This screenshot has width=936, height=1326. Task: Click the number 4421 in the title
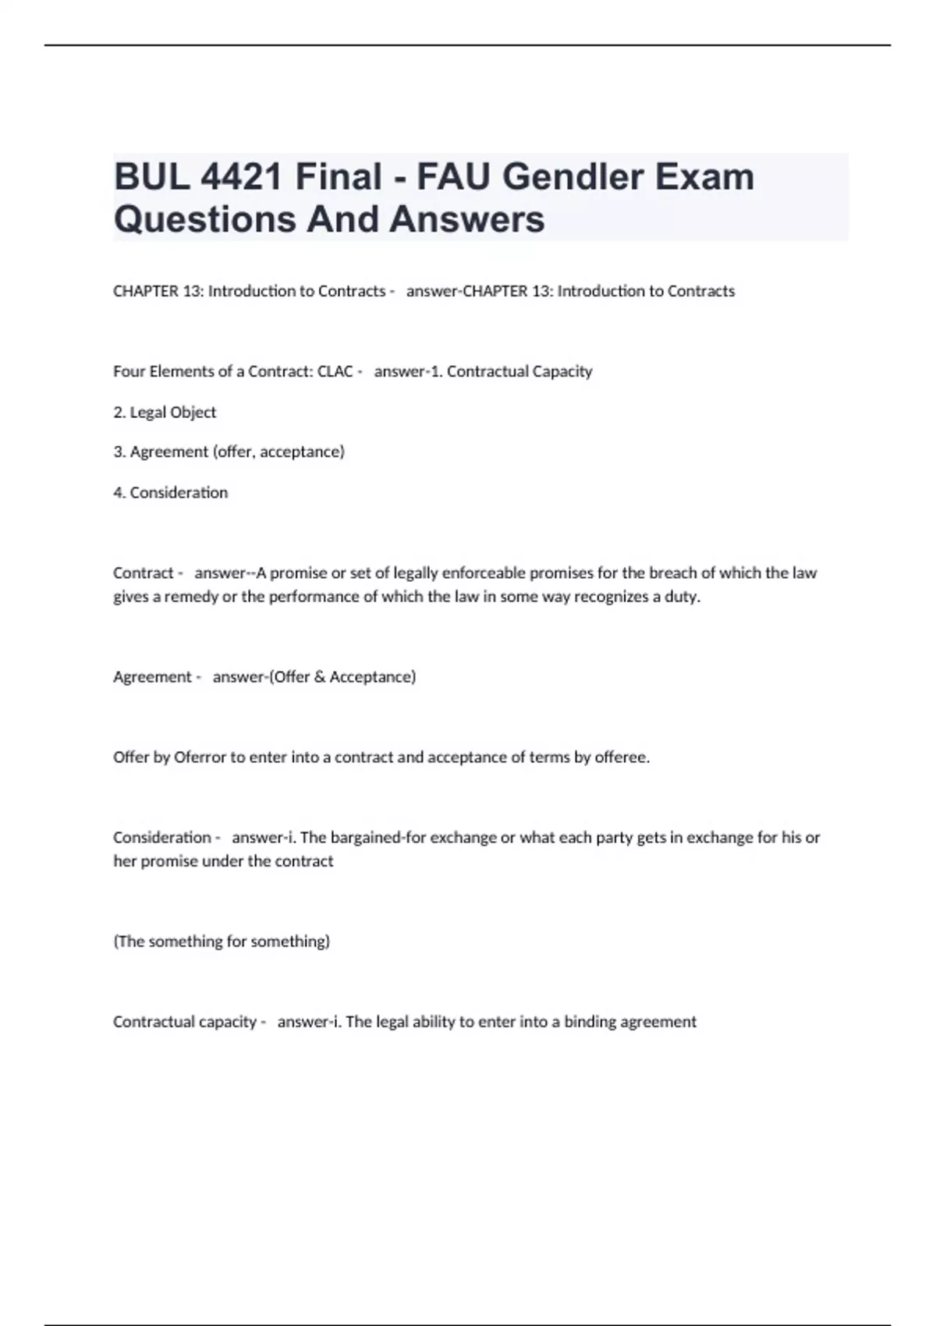241,177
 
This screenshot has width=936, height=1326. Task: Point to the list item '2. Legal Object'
165,412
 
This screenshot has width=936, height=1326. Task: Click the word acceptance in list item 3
302,452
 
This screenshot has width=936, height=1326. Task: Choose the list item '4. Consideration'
171,492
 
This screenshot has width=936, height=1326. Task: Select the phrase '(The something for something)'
222,941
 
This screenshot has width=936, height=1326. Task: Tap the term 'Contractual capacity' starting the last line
185,1021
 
